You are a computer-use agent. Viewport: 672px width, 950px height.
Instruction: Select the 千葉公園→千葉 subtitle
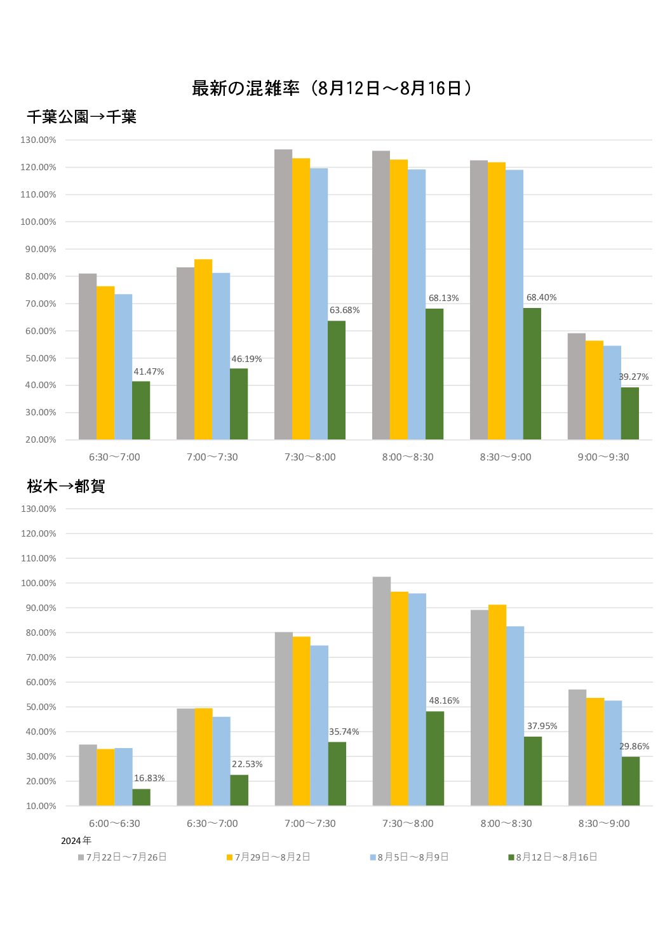point(81,117)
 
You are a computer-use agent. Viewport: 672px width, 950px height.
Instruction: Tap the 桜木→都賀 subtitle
point(65,486)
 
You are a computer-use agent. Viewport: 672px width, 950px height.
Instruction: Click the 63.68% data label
point(344,311)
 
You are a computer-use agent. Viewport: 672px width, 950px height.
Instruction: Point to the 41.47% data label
point(149,372)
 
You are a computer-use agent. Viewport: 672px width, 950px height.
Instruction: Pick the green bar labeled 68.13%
point(434,374)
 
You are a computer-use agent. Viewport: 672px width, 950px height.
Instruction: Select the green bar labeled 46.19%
point(239,404)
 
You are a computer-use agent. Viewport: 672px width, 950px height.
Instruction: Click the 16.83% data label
point(149,779)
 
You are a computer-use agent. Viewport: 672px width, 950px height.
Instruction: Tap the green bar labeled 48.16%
point(435,758)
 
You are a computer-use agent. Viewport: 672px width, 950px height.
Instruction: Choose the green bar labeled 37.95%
point(533,771)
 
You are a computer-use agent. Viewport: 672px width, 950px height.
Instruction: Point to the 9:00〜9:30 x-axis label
point(603,457)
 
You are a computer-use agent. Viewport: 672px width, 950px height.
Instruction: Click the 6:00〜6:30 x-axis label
point(114,824)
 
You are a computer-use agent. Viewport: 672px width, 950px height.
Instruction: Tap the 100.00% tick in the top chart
point(38,222)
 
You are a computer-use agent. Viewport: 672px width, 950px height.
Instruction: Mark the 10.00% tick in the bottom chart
point(41,806)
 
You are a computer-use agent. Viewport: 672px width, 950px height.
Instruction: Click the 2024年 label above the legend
point(76,841)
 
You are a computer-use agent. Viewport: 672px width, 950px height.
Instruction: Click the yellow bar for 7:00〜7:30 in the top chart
point(203,349)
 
